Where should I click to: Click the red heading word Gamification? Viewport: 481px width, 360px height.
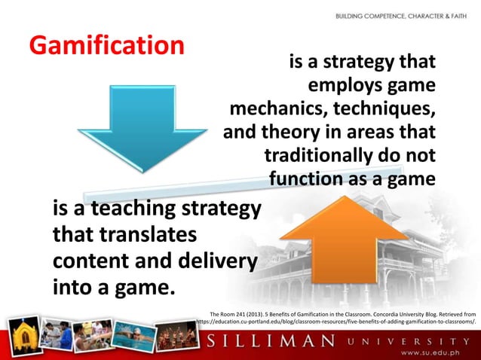(106, 45)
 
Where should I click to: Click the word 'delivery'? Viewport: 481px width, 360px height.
(216, 262)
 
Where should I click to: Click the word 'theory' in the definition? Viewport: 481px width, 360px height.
(291, 133)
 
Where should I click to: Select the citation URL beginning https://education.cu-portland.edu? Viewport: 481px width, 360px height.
(335, 321)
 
